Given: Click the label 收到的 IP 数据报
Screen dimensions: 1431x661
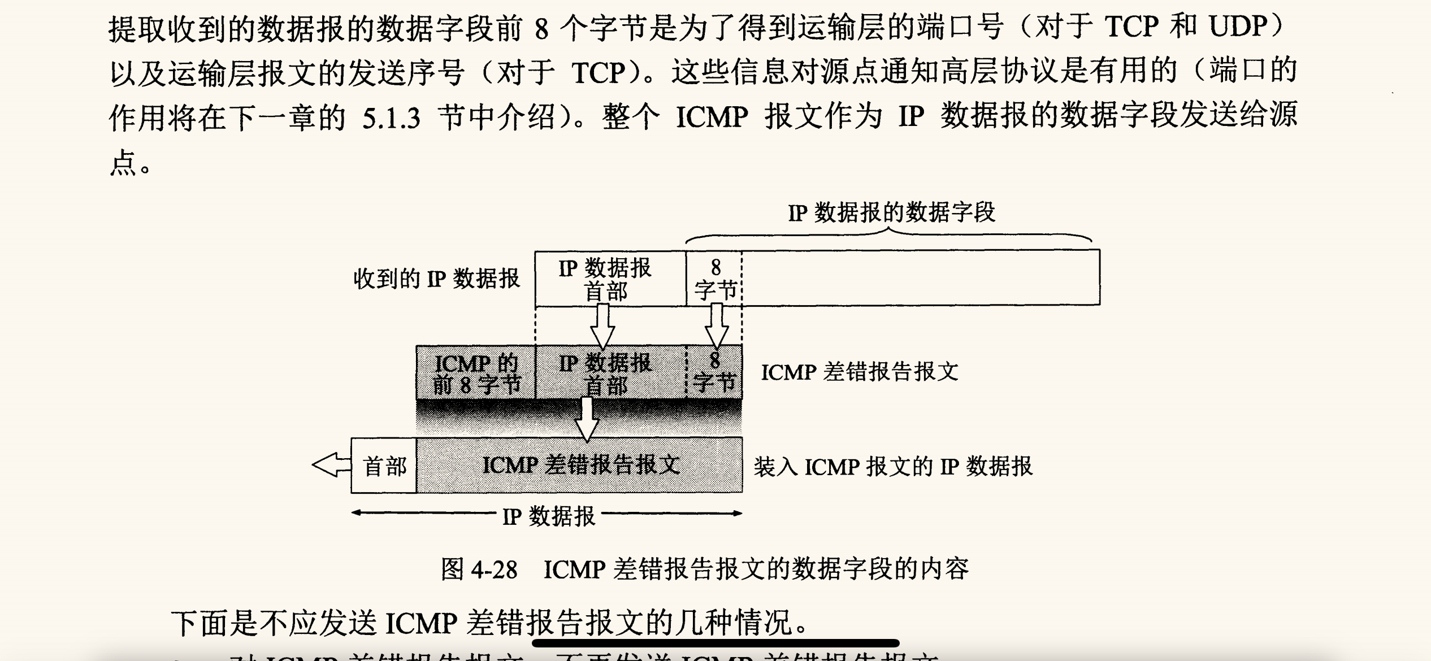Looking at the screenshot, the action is (436, 279).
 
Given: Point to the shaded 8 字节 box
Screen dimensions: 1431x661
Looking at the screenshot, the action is (714, 373).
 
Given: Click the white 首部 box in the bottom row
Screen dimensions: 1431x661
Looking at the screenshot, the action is (384, 466).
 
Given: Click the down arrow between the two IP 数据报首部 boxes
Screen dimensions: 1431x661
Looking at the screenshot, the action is (602, 326).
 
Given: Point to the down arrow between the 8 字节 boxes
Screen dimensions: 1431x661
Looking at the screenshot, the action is (717, 326).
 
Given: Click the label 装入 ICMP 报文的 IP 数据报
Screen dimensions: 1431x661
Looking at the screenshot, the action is (893, 467).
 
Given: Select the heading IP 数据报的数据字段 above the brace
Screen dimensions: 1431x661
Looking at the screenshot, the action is (891, 213).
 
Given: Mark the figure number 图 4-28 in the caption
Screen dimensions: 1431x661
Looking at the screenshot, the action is (479, 569).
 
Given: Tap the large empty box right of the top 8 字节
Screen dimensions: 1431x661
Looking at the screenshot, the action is (920, 278).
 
